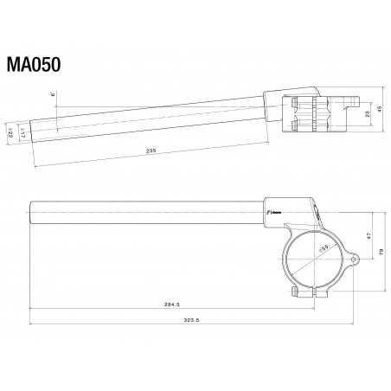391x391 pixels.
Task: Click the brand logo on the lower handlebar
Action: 270,209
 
